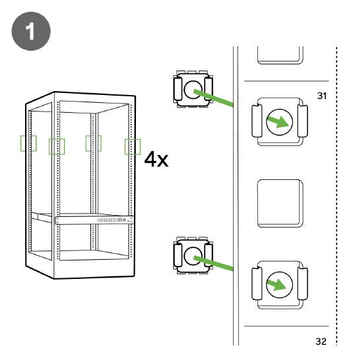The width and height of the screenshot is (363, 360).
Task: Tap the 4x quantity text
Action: tap(156, 159)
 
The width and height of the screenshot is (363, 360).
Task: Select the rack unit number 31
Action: tap(322, 96)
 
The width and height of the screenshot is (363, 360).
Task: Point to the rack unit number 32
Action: tap(321, 342)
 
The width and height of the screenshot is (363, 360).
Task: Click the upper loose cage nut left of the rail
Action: tap(192, 89)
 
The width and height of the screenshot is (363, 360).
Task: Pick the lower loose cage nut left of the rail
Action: tap(192, 256)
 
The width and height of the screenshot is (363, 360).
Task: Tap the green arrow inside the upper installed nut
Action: tap(279, 122)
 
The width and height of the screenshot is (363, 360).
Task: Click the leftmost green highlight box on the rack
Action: tap(29, 142)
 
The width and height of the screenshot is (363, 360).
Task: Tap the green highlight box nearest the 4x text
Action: tap(133, 146)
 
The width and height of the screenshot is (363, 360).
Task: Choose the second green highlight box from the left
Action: tap(57, 146)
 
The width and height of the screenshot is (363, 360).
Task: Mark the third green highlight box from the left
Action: tap(93, 142)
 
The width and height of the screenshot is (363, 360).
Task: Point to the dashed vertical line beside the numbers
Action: tap(337, 198)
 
